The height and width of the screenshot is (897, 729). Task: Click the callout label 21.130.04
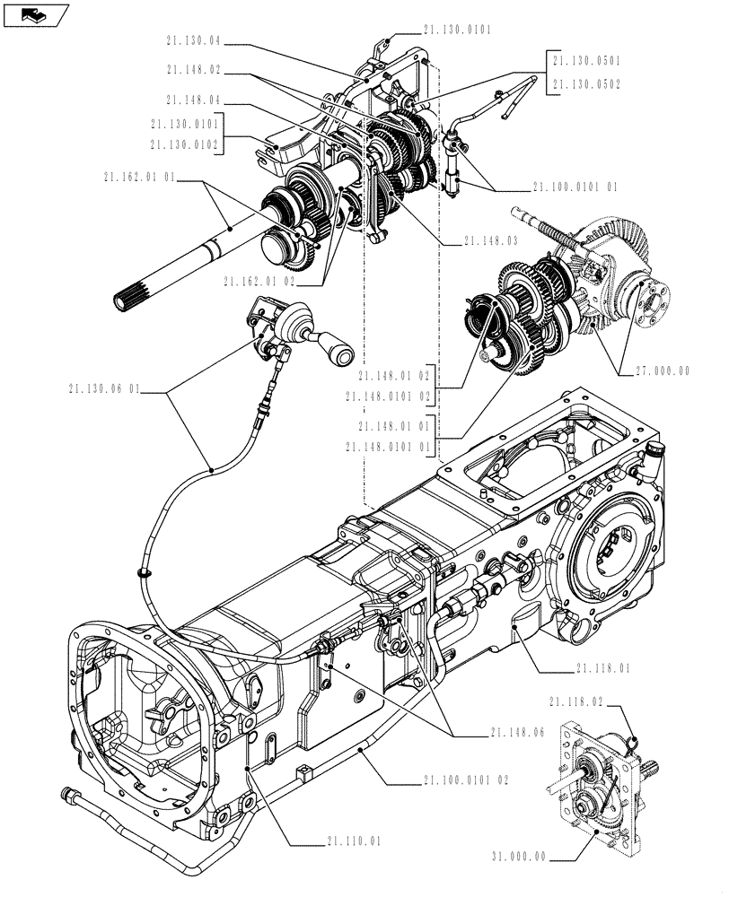[194, 40]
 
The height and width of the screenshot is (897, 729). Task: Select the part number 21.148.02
[194, 69]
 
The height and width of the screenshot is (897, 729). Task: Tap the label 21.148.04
[194, 100]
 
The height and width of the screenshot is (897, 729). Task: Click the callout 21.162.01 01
[140, 180]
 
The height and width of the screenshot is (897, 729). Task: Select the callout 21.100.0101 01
[575, 187]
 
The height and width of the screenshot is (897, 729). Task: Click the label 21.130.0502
[586, 83]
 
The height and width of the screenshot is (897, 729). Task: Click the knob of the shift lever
[341, 353]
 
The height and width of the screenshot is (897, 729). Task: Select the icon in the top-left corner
[35, 13]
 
